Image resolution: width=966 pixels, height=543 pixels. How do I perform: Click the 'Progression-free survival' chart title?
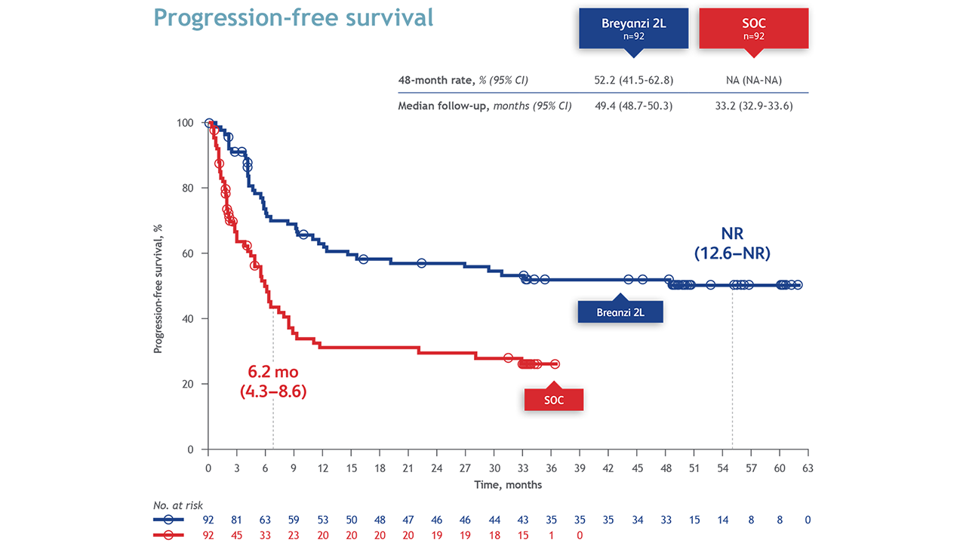pos(294,17)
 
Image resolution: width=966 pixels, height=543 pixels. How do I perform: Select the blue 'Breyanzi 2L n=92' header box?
pos(633,28)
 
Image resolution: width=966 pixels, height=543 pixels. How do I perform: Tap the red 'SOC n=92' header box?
pos(753,28)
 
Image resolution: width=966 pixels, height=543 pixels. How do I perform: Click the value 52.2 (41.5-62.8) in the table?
pos(633,79)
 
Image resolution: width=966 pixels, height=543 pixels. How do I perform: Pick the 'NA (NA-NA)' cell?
pos(753,79)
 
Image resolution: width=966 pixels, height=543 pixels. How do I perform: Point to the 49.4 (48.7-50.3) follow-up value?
pos(633,106)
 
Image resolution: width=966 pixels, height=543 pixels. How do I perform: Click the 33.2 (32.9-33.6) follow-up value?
pos(753,106)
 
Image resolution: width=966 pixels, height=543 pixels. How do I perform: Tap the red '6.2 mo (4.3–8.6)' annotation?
pos(272,382)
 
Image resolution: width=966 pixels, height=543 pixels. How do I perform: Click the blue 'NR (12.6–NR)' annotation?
pos(732,244)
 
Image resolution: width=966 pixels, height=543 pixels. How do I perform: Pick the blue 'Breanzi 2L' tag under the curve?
pos(620,312)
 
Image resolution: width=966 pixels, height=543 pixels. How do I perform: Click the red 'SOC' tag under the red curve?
pos(554,400)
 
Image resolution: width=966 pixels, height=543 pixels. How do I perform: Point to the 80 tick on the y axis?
pos(192,189)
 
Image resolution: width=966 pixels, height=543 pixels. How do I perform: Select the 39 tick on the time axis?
pos(580,468)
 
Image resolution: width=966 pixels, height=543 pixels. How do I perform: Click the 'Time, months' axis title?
pos(507,484)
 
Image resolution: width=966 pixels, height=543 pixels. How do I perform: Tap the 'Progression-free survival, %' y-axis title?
pos(158,287)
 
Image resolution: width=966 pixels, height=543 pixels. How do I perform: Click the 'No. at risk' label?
pos(178,505)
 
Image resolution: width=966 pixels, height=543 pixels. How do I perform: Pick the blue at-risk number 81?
pos(236,520)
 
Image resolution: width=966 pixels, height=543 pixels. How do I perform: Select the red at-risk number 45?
pos(236,535)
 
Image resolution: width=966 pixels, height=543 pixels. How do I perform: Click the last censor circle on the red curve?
pos(555,364)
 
